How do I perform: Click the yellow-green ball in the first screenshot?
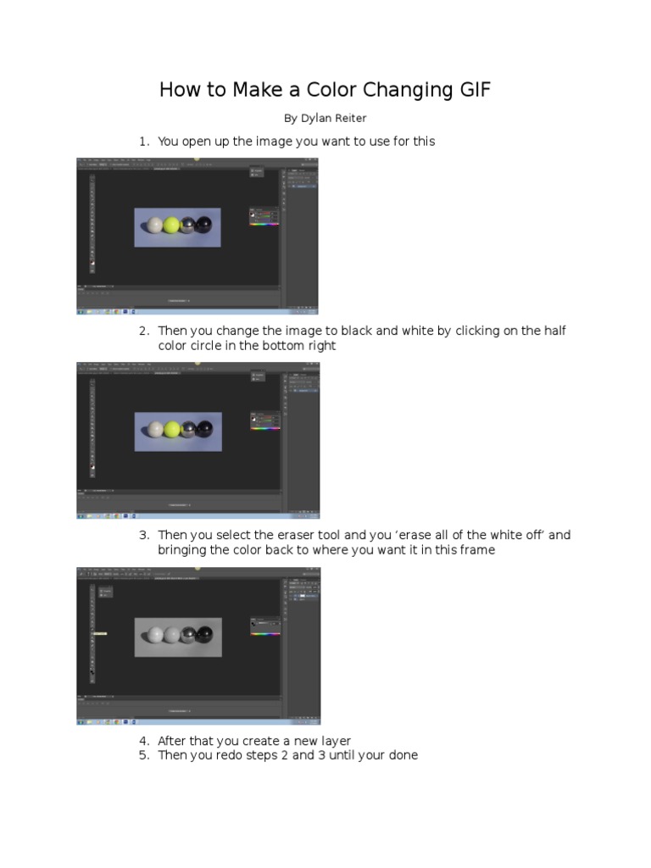(x=172, y=225)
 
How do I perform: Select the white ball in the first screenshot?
(x=154, y=225)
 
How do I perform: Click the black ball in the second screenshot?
(x=205, y=429)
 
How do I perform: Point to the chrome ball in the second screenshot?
(x=189, y=429)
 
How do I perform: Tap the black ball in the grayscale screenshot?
(x=206, y=634)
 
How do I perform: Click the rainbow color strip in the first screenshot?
(x=265, y=225)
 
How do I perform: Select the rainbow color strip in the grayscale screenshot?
(x=265, y=633)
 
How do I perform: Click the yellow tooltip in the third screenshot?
(x=99, y=632)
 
